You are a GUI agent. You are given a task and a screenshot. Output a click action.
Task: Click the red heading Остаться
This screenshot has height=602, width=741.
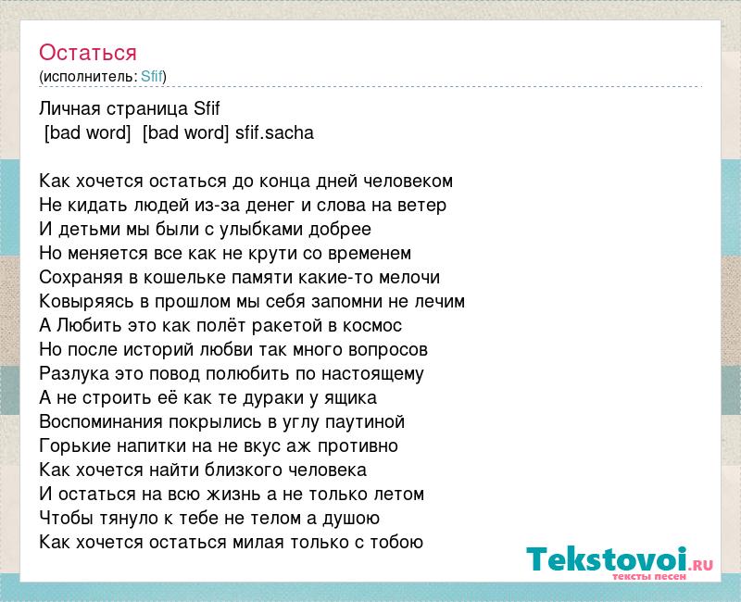coord(88,53)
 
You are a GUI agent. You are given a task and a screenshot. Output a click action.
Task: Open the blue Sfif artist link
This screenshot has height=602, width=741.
coord(152,76)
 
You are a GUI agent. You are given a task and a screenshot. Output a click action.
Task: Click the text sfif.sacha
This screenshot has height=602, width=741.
coord(274,132)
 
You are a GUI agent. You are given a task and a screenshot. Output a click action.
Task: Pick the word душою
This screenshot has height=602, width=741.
coord(351,519)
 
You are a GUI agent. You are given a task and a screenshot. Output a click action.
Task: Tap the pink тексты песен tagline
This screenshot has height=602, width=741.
coord(649,576)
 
